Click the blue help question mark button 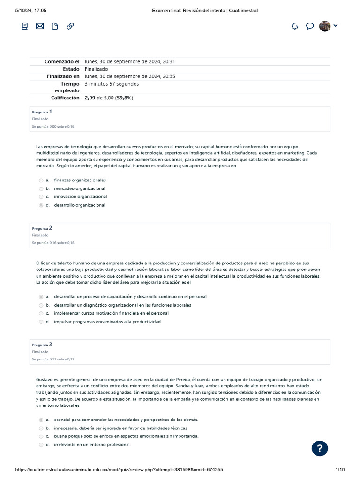coord(320,449)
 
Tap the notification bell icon coord(295,26)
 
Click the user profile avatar coord(325,26)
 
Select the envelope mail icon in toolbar coord(40,26)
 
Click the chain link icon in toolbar coord(70,26)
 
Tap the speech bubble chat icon coord(310,26)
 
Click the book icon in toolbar coord(25,26)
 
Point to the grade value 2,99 coord(90,98)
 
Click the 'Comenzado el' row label coord(62,62)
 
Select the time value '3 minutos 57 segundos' coord(112,84)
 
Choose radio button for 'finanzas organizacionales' coord(41,180)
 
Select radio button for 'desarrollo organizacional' coord(41,205)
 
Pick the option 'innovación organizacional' coord(80,197)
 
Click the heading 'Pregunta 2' coord(42,228)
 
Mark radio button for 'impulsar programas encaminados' coord(41,322)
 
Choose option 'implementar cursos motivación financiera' coord(111,313)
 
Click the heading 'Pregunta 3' coord(42,345)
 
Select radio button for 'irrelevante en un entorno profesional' coord(41,445)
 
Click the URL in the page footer coord(119,470)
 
